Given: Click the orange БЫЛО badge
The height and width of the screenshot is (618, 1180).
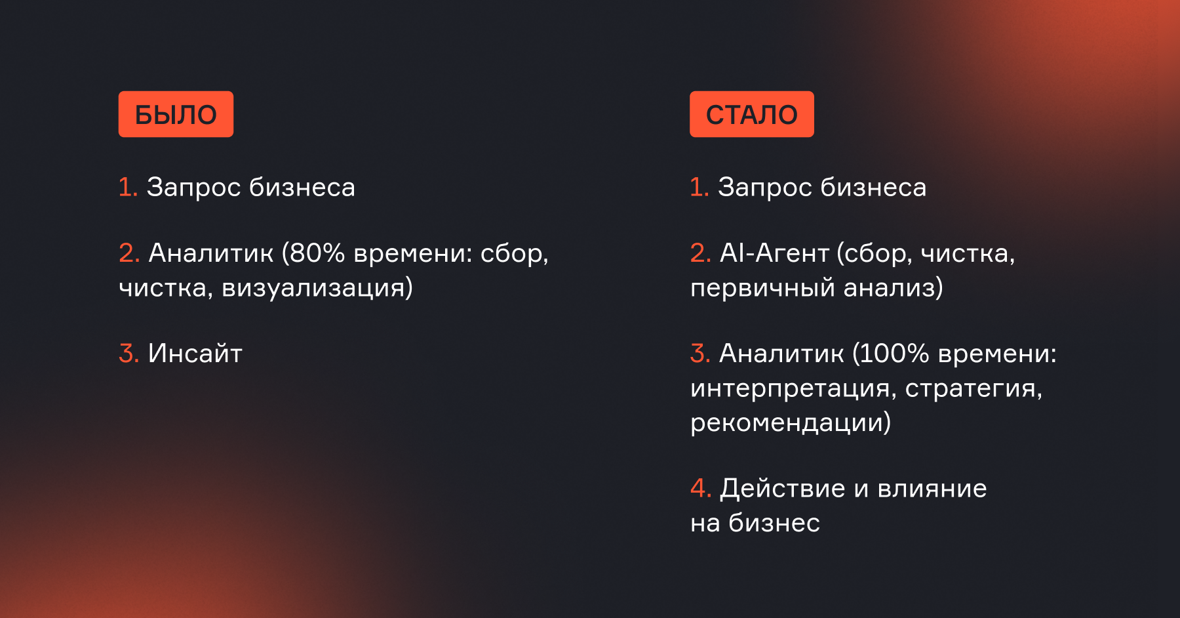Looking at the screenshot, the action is tap(176, 114).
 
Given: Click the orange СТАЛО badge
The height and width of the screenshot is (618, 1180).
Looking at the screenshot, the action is tap(751, 114).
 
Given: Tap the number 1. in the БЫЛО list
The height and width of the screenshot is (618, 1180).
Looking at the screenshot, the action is tap(128, 187).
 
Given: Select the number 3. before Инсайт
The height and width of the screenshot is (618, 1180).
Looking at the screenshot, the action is tap(128, 353).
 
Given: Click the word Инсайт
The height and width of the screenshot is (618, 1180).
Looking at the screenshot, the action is tap(195, 353).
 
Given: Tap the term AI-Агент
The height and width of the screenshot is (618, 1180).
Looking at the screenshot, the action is tap(775, 253).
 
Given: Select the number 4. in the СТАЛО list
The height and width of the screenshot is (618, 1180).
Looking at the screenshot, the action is tap(701, 488).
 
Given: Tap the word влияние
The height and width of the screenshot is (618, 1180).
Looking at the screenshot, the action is tap(932, 489).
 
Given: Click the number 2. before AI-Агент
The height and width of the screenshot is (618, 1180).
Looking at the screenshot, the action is tap(700, 253).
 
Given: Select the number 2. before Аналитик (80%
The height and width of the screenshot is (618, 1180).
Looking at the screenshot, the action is tap(129, 253).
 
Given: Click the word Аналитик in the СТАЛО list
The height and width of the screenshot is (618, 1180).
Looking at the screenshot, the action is tap(781, 353).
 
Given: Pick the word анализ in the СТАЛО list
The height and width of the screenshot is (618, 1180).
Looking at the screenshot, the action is tap(890, 288).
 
